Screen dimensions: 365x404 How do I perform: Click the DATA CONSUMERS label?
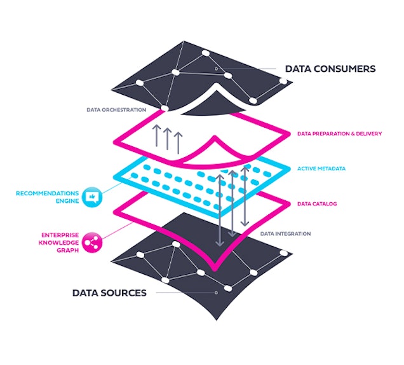click(x=330, y=69)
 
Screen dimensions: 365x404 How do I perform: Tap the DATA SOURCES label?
click(x=109, y=293)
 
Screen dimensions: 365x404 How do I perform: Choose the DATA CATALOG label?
click(x=316, y=204)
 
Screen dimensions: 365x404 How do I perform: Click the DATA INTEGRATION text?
click(x=286, y=234)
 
